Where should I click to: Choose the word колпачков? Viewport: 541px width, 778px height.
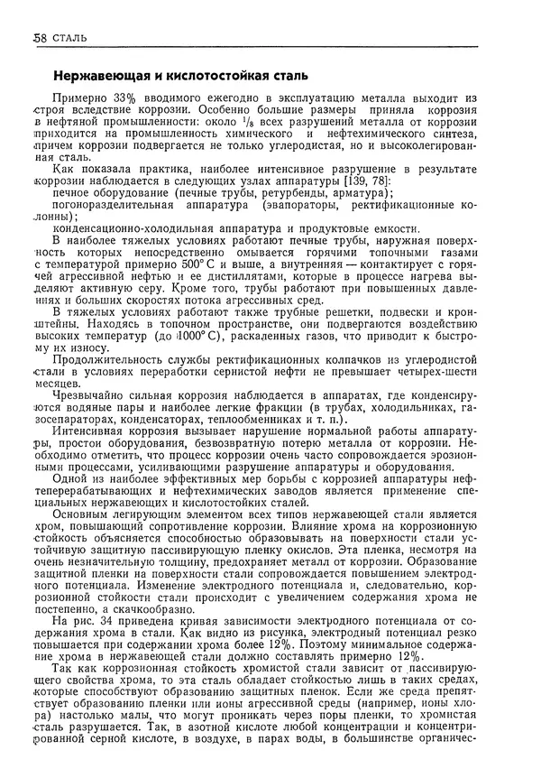tap(348, 358)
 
